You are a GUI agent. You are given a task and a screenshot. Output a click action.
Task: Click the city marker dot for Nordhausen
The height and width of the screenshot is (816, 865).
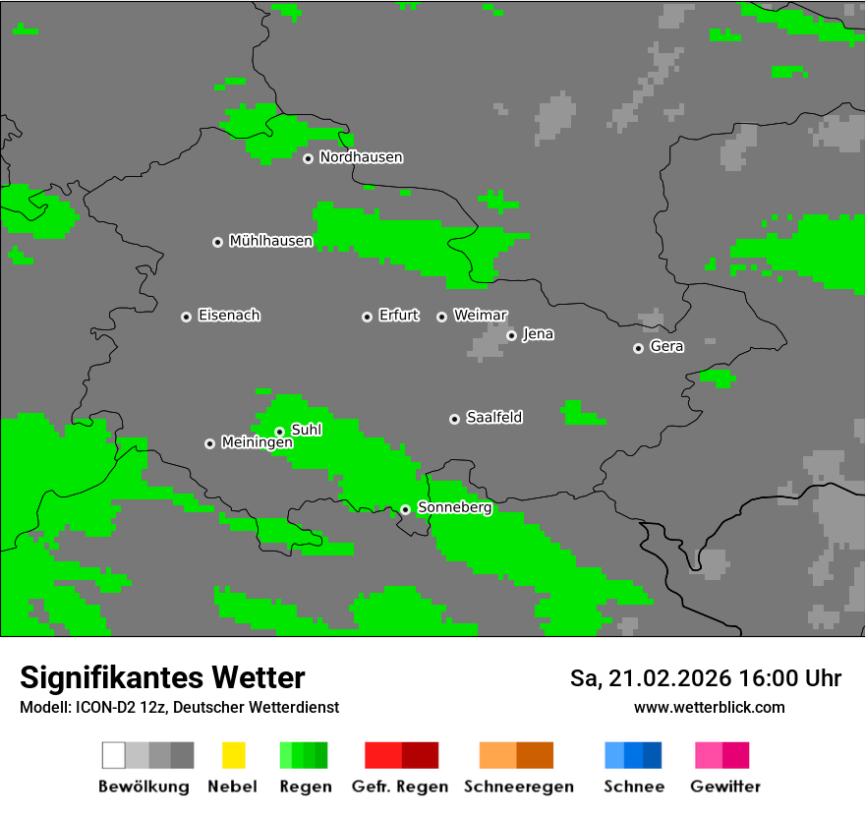308,158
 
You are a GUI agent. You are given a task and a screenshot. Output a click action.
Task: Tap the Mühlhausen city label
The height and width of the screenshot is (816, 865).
270,241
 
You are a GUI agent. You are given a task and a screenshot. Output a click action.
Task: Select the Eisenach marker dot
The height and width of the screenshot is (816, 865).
186,317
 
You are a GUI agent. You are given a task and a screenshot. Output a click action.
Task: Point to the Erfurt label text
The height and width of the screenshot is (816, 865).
399,316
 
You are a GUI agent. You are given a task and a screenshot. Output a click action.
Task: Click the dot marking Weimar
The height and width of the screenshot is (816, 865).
442,317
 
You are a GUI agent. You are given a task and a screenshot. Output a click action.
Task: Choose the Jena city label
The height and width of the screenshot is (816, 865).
538,334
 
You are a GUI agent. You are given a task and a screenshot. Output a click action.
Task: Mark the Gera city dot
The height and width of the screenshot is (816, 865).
638,348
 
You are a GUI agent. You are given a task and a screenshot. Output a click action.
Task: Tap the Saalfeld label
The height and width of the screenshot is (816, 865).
494,418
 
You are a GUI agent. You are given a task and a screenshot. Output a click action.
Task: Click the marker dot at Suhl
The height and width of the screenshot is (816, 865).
279,432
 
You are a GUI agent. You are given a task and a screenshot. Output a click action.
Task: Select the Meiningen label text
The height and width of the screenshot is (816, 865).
257,443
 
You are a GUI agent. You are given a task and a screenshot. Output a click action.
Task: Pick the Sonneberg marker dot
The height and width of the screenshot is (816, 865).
405,509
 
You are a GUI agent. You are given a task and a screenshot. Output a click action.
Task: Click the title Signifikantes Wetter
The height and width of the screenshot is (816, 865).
162,678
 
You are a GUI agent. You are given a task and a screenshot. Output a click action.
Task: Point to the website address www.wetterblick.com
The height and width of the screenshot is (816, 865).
709,708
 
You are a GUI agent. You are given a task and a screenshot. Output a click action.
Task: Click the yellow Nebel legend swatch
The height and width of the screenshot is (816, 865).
233,755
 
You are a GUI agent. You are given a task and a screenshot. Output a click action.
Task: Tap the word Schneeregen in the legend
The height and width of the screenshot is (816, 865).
516,787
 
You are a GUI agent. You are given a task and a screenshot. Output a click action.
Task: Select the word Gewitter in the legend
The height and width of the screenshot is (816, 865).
724,787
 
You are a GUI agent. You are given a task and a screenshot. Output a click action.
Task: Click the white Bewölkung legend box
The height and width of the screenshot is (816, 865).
114,755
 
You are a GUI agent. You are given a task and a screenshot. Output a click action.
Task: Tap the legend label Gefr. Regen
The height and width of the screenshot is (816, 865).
399,787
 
